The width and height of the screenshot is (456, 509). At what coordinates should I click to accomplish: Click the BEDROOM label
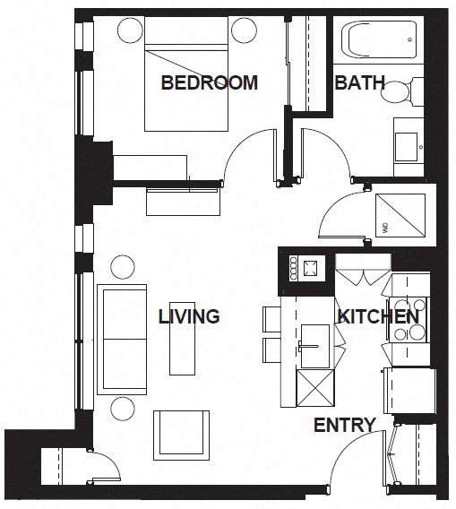pyautogui.click(x=209, y=83)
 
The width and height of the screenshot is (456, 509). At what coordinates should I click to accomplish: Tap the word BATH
pyautogui.click(x=359, y=83)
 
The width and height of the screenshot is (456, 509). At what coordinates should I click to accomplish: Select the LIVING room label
pyautogui.click(x=189, y=316)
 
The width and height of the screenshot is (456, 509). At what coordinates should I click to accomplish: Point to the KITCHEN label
pyautogui.click(x=377, y=316)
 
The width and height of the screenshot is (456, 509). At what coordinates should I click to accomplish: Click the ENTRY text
pyautogui.click(x=344, y=426)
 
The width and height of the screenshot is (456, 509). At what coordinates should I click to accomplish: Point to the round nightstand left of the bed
pyautogui.click(x=129, y=29)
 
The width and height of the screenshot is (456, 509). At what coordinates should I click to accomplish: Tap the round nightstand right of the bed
pyautogui.click(x=244, y=29)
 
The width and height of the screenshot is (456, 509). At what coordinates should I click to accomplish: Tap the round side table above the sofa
pyautogui.click(x=122, y=266)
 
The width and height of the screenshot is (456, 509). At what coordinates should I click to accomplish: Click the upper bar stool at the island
pyautogui.click(x=271, y=317)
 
